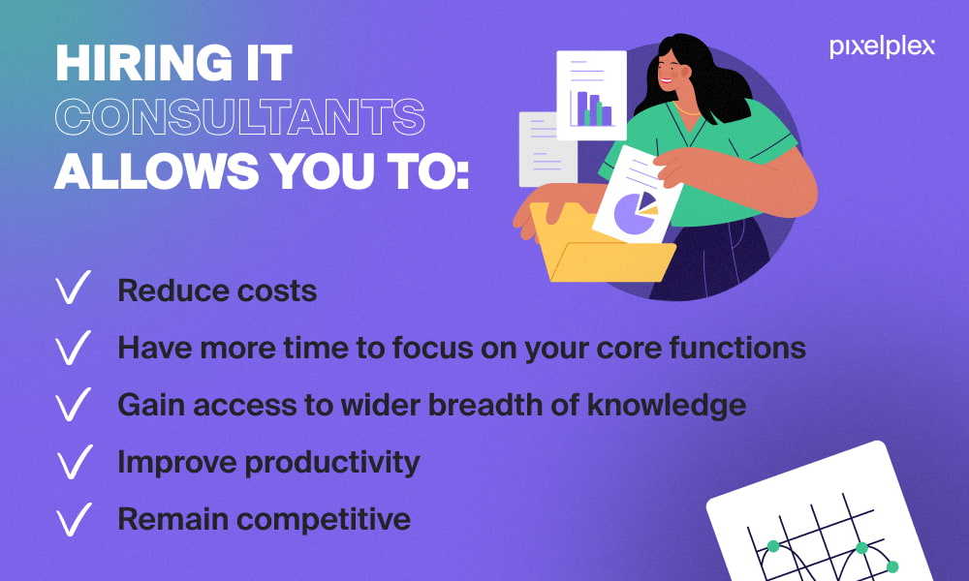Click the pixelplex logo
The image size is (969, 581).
point(882,47)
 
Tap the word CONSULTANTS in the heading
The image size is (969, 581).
point(239,117)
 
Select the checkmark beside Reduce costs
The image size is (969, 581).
point(74,287)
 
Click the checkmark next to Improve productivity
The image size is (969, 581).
point(75,462)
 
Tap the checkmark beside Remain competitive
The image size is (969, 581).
point(75,519)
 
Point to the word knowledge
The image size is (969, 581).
point(667,407)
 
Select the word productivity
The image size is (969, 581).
point(332,463)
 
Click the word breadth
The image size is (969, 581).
point(493,405)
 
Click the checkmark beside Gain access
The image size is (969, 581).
point(74,405)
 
